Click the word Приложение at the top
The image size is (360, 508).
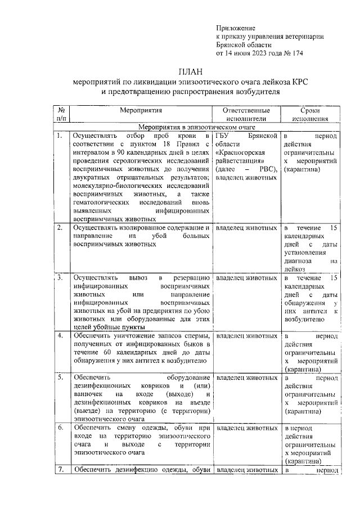[236, 28]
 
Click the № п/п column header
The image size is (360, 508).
[61, 115]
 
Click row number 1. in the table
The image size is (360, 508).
[60, 137]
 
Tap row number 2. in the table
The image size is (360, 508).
[60, 228]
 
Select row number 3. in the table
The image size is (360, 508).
[60, 278]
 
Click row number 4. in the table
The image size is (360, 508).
[60, 336]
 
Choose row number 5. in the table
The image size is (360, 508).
[60, 377]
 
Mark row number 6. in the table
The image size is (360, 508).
[60, 428]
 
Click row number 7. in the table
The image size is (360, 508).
[60, 470]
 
